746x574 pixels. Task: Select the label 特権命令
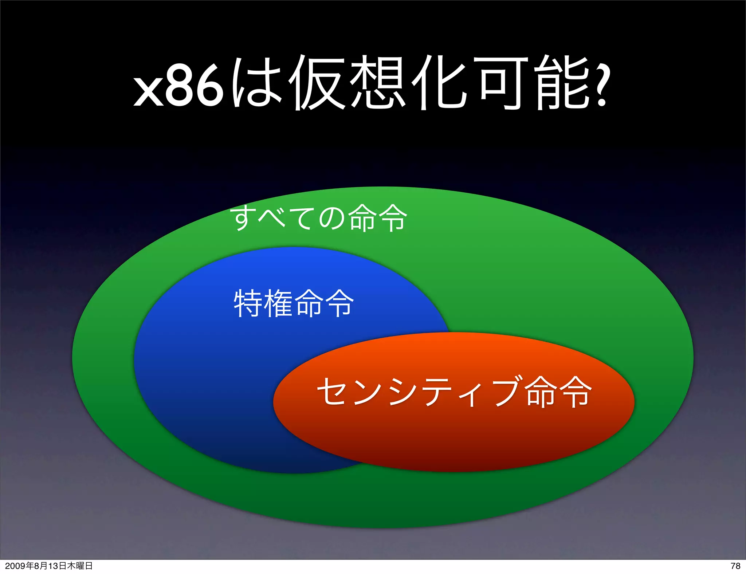(x=294, y=303)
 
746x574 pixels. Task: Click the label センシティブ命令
(x=454, y=392)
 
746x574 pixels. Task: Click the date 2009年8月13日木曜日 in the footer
(x=49, y=566)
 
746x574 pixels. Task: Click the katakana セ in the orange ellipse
(x=331, y=392)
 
